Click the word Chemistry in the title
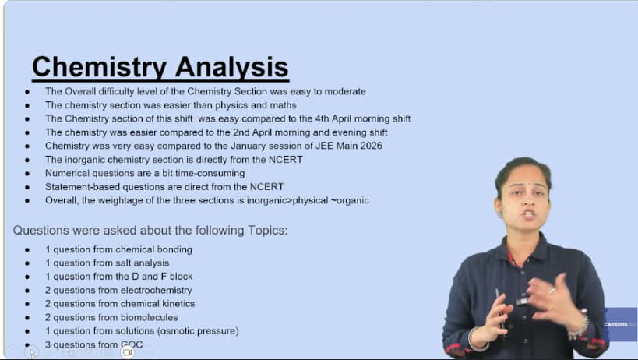99,67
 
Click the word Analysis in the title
232,67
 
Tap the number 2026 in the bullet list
371,146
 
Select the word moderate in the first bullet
345,91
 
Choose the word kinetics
178,303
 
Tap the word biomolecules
149,317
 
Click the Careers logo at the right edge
621,324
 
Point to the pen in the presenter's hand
499,309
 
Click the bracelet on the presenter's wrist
580,327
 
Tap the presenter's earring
499,214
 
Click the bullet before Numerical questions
27,174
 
